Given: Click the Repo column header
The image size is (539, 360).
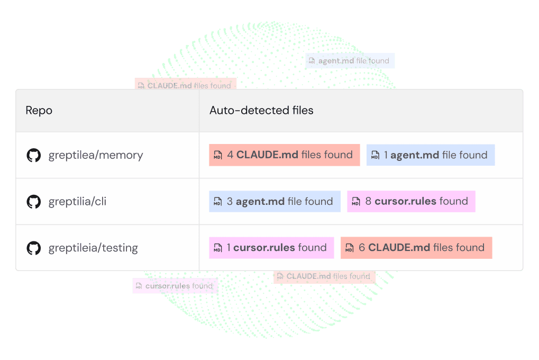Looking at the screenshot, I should (x=39, y=111).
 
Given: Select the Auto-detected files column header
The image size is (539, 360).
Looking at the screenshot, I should (x=261, y=111).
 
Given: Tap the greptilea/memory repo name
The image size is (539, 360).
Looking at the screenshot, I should (x=95, y=155).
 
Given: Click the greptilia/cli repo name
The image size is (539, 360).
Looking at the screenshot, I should (x=77, y=202).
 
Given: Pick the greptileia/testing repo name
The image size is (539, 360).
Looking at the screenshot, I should (x=93, y=248).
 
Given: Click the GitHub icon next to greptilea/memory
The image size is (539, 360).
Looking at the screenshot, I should (x=34, y=155).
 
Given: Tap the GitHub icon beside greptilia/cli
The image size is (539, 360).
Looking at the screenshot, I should (x=34, y=202).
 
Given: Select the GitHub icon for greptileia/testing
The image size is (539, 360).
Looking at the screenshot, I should (x=34, y=248).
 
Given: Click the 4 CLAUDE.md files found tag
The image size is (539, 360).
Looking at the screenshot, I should (x=284, y=155).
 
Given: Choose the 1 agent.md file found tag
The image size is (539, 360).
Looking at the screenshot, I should (x=431, y=155).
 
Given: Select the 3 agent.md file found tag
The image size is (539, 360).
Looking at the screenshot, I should (x=275, y=202).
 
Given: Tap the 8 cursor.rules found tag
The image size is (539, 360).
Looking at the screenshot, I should (x=411, y=202).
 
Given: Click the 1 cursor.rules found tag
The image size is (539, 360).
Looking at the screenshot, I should (x=271, y=248).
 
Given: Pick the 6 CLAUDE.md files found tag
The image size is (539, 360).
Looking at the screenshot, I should (x=416, y=248).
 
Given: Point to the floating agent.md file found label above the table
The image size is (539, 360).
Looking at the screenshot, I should (x=350, y=61).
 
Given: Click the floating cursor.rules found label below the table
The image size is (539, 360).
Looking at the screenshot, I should (x=175, y=286).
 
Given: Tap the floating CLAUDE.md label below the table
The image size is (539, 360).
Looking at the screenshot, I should (x=324, y=276).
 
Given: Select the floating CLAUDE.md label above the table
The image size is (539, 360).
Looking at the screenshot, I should (x=185, y=85).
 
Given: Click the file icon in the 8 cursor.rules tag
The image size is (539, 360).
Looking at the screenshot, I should (x=356, y=202).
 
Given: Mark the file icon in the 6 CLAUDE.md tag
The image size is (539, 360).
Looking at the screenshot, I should (x=350, y=248).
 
